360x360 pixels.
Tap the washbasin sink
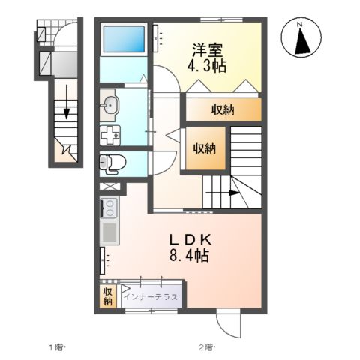pos(109,105)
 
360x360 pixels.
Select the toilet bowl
pos(112,160)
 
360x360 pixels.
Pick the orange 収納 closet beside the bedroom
pos(223,110)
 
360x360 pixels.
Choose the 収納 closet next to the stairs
pos(202,148)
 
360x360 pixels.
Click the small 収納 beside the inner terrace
pos(107,296)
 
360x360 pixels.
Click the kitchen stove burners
pos(106,206)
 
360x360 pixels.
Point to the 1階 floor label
pos(58,346)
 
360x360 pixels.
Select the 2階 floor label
pos(205,346)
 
